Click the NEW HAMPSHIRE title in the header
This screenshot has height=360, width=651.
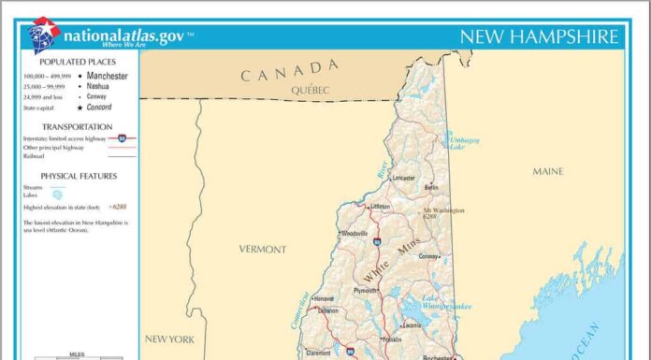pos(539,36)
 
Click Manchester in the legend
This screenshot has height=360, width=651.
pos(108,76)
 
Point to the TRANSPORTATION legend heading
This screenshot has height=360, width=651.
pos(78,126)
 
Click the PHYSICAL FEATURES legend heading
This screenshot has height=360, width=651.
pos(79,176)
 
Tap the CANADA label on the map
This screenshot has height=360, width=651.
pos(289,69)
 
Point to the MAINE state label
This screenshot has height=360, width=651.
pos(548,171)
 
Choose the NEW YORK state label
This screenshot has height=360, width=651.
pos(169,338)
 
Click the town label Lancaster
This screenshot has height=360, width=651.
pos(403,177)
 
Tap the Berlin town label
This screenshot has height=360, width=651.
pos(431,187)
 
